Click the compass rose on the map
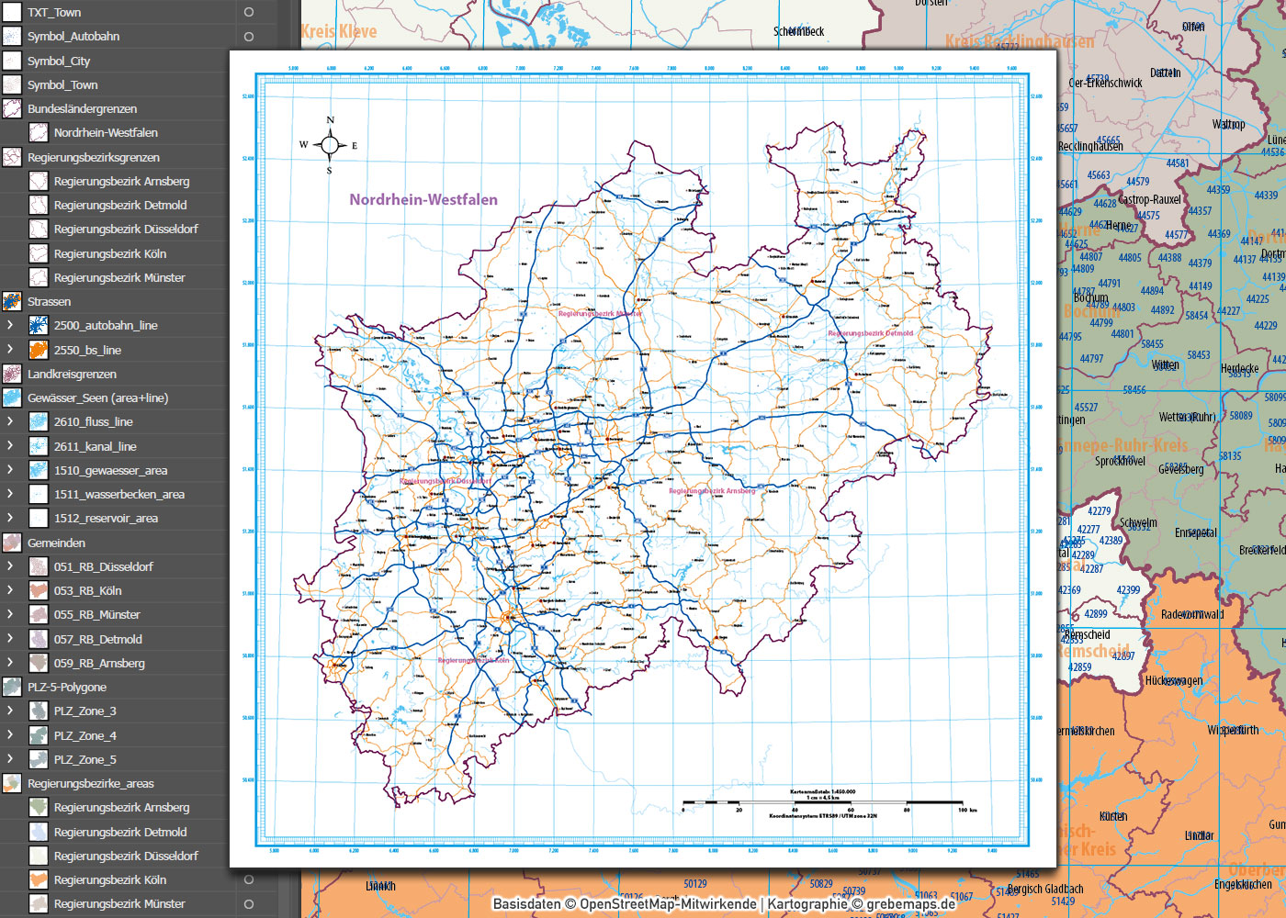330,144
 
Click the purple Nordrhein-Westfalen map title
423,199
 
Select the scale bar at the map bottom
822,803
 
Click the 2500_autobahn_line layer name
106,326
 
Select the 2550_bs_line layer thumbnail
38,350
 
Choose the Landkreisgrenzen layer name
72,375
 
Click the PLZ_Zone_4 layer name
85,735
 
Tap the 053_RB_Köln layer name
87,591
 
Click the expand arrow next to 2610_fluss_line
10,421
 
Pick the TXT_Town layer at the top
54,12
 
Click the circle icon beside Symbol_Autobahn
248,37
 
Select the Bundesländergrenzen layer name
82,108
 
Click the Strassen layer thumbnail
12,301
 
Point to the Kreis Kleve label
339,31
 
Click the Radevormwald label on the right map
1192,614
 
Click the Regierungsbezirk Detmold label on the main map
870,333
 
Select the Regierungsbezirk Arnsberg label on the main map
712,490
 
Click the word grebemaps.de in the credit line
910,903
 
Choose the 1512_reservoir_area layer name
106,519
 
